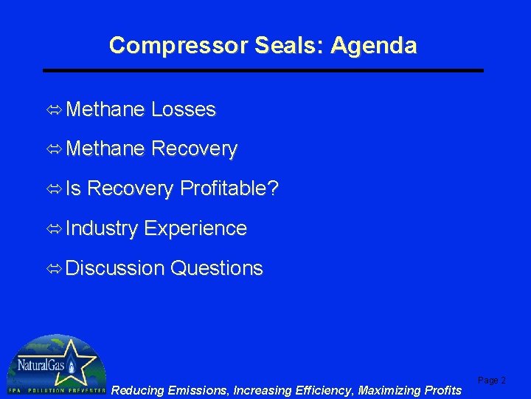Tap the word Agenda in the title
[x=374, y=46]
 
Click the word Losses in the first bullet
[x=184, y=110]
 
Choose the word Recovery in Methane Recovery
[x=194, y=150]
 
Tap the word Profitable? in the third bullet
[x=229, y=189]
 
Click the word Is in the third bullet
[x=74, y=189]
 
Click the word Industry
[x=102, y=229]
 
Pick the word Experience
[x=195, y=229]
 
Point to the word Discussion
[x=115, y=268]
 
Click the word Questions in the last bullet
[x=216, y=268]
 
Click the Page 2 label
[x=492, y=381]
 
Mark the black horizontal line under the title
[x=263, y=70]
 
